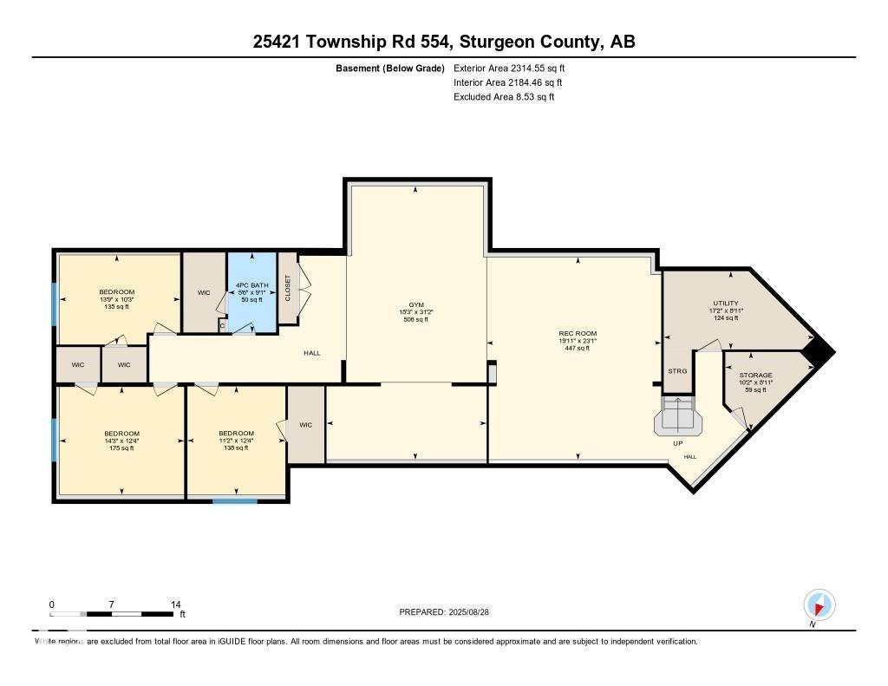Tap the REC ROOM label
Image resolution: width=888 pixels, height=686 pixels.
pos(577,333)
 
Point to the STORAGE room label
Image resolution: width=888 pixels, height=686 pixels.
pos(755,376)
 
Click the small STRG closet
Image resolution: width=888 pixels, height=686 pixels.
pos(677,371)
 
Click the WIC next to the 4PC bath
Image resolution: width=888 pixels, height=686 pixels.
pos(204,293)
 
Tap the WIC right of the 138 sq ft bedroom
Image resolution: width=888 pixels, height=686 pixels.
pos(305,425)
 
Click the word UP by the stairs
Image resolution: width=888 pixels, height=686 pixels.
pos(678,443)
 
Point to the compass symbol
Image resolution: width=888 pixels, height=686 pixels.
pos(819,604)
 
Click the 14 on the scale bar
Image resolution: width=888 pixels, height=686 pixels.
pos(175,604)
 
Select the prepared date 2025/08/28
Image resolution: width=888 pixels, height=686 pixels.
pos(449,612)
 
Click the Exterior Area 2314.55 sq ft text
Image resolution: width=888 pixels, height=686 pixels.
pos(510,68)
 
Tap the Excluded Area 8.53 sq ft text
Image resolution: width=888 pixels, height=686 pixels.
pos(504,97)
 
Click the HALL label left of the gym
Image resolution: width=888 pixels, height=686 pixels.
pos(311,353)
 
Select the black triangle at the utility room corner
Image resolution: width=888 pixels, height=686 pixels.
pos(818,350)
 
